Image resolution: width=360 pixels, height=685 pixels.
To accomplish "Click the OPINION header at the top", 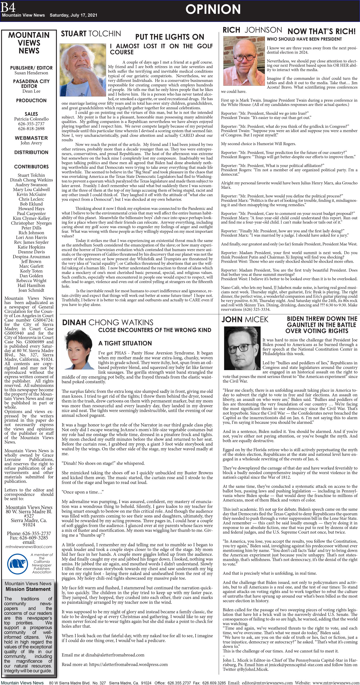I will point(213,9).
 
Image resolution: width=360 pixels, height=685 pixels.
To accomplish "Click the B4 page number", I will point(8,7).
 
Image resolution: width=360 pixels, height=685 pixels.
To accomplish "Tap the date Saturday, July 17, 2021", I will point(73,15).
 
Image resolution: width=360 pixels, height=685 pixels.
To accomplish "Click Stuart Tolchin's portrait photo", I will point(83,70).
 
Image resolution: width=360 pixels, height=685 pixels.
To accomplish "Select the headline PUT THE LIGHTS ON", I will point(170,37).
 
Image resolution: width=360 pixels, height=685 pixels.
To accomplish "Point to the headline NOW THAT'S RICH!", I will point(321,31).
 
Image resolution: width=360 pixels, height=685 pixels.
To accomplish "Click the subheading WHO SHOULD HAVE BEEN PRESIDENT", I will point(304,39).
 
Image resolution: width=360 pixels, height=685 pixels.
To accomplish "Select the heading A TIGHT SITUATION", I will point(125,343).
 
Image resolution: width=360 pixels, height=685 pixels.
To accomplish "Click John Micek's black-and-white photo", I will point(242,348).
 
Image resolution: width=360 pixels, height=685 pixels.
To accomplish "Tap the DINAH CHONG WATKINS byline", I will point(108,322).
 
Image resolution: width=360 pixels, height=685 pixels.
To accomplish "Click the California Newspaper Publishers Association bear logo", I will point(17,563).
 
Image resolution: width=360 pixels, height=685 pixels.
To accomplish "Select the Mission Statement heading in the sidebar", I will point(28,589).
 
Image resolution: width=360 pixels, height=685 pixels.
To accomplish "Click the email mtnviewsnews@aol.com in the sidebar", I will point(29,547).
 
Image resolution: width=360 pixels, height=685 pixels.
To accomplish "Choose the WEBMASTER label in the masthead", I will point(31,138).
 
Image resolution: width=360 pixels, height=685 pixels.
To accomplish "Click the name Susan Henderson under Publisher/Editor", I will point(31,73).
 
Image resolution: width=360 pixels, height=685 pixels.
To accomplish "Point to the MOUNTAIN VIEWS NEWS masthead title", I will point(29,43).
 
